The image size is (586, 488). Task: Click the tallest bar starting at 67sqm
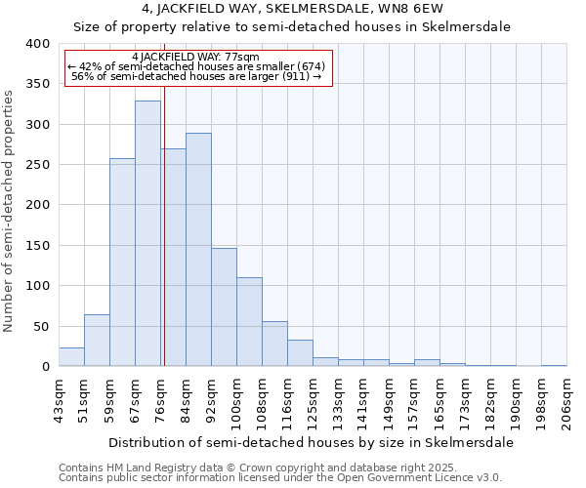[x=147, y=234]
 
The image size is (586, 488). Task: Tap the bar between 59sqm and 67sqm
[x=122, y=263]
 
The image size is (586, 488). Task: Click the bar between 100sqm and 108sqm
[x=249, y=322]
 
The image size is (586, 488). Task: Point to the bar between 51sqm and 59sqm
[x=97, y=341]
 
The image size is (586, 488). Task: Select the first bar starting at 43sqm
[x=71, y=357]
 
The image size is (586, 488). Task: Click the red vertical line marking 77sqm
[x=164, y=244]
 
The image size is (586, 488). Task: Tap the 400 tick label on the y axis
[x=38, y=44]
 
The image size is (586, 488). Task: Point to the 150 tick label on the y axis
[x=38, y=246]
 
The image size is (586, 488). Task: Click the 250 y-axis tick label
[x=38, y=165]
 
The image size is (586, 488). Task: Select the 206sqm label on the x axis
[x=566, y=401]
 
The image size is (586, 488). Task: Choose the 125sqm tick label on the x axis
[x=313, y=401]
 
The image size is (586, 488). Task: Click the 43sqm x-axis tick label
[x=59, y=401]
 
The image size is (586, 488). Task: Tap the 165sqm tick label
[x=439, y=401]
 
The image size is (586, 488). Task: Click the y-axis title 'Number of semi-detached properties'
[x=10, y=211]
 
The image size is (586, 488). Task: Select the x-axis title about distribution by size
[x=311, y=442]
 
